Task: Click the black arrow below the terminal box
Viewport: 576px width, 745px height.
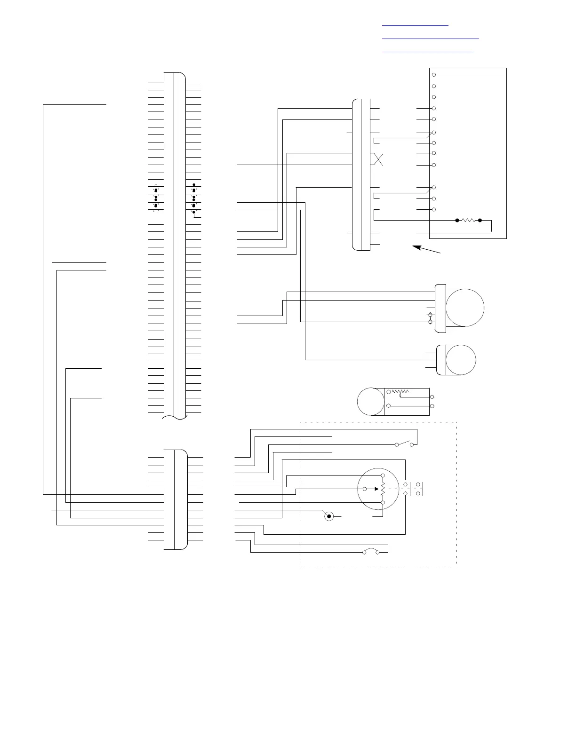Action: pyautogui.click(x=426, y=249)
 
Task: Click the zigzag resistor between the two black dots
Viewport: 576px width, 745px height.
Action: pyautogui.click(x=468, y=220)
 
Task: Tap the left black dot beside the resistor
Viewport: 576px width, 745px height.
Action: pyautogui.click(x=457, y=220)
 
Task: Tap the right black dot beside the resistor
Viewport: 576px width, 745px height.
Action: pyautogui.click(x=480, y=220)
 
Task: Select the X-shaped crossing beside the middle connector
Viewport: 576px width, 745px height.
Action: pyautogui.click(x=378, y=159)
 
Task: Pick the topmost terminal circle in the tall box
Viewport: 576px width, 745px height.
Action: pyautogui.click(x=434, y=75)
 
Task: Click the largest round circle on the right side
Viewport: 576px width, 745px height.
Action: pyautogui.click(x=465, y=308)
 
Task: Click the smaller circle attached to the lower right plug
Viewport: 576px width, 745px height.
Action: pyautogui.click(x=461, y=360)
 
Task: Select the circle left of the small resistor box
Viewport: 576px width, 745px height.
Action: pyautogui.click(x=371, y=402)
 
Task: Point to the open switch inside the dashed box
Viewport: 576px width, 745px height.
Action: pyautogui.click(x=405, y=444)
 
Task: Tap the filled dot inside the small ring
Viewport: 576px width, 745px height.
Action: pyautogui.click(x=329, y=516)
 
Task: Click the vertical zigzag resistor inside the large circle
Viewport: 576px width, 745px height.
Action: pyautogui.click(x=383, y=489)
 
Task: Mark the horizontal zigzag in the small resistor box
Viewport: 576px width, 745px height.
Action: pyautogui.click(x=400, y=391)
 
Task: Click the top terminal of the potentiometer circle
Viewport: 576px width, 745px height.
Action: pyautogui.click(x=383, y=476)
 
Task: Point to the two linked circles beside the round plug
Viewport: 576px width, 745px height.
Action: pyautogui.click(x=430, y=318)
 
